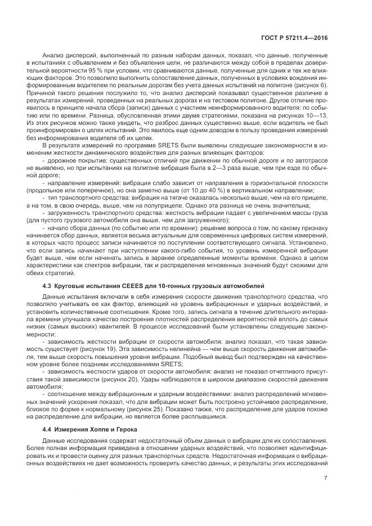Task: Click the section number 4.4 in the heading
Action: click(47, 429)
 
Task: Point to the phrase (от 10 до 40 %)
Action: click(183, 191)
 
